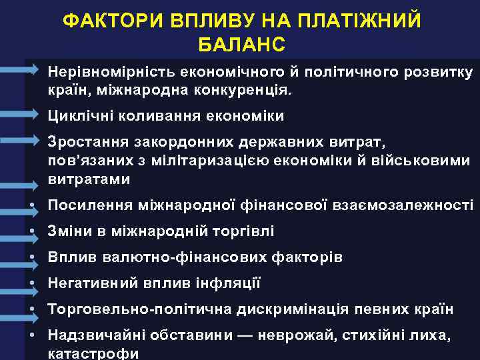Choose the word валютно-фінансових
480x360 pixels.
coord(177,257)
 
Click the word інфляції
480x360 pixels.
coord(227,283)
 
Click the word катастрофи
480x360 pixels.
coord(93,353)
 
